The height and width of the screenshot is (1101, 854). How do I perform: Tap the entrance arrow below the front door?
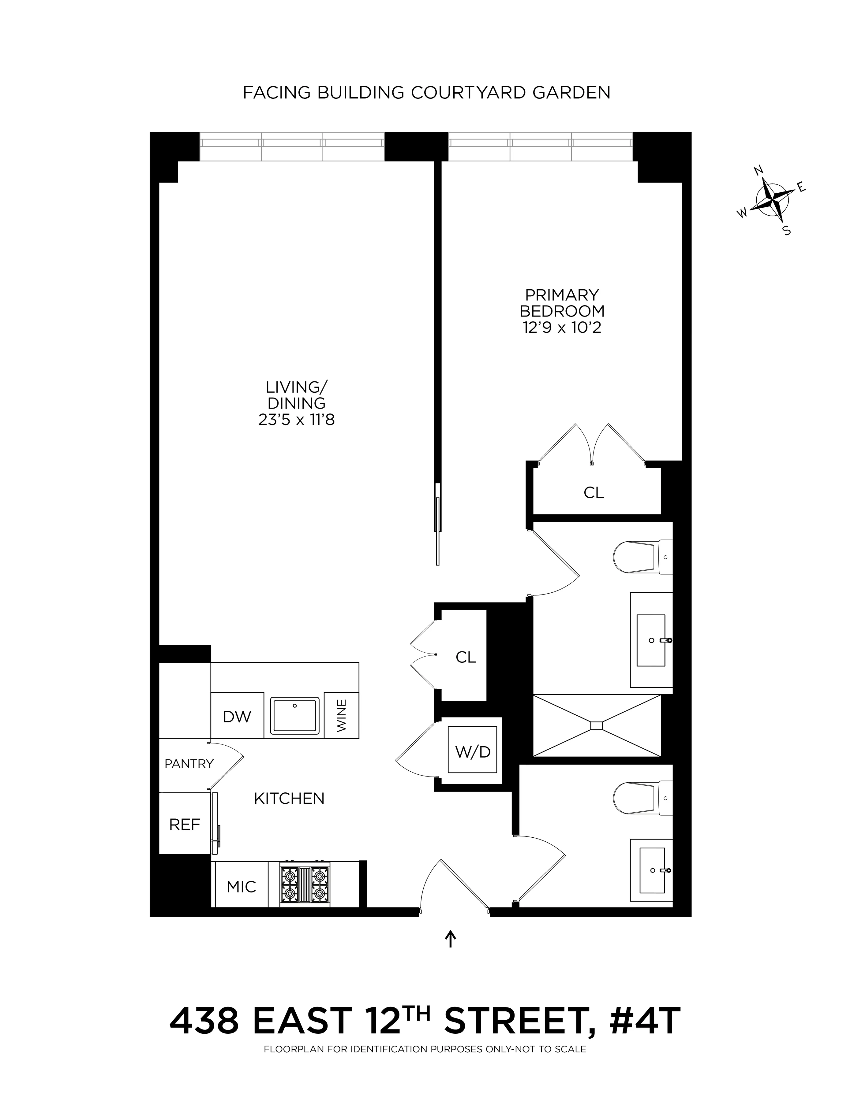click(x=451, y=939)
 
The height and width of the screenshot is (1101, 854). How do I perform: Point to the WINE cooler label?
click(x=342, y=716)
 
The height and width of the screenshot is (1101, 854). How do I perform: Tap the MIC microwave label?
click(x=241, y=887)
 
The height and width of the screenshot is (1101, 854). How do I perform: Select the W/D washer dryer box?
click(x=473, y=752)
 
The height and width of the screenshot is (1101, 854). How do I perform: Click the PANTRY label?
click(x=189, y=764)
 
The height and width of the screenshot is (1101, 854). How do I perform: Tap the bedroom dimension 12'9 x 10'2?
click(x=562, y=328)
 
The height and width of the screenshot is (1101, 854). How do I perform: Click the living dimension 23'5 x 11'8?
click(x=296, y=419)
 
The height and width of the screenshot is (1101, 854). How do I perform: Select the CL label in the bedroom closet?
click(x=594, y=492)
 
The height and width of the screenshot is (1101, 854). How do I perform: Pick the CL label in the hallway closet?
click(x=466, y=657)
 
